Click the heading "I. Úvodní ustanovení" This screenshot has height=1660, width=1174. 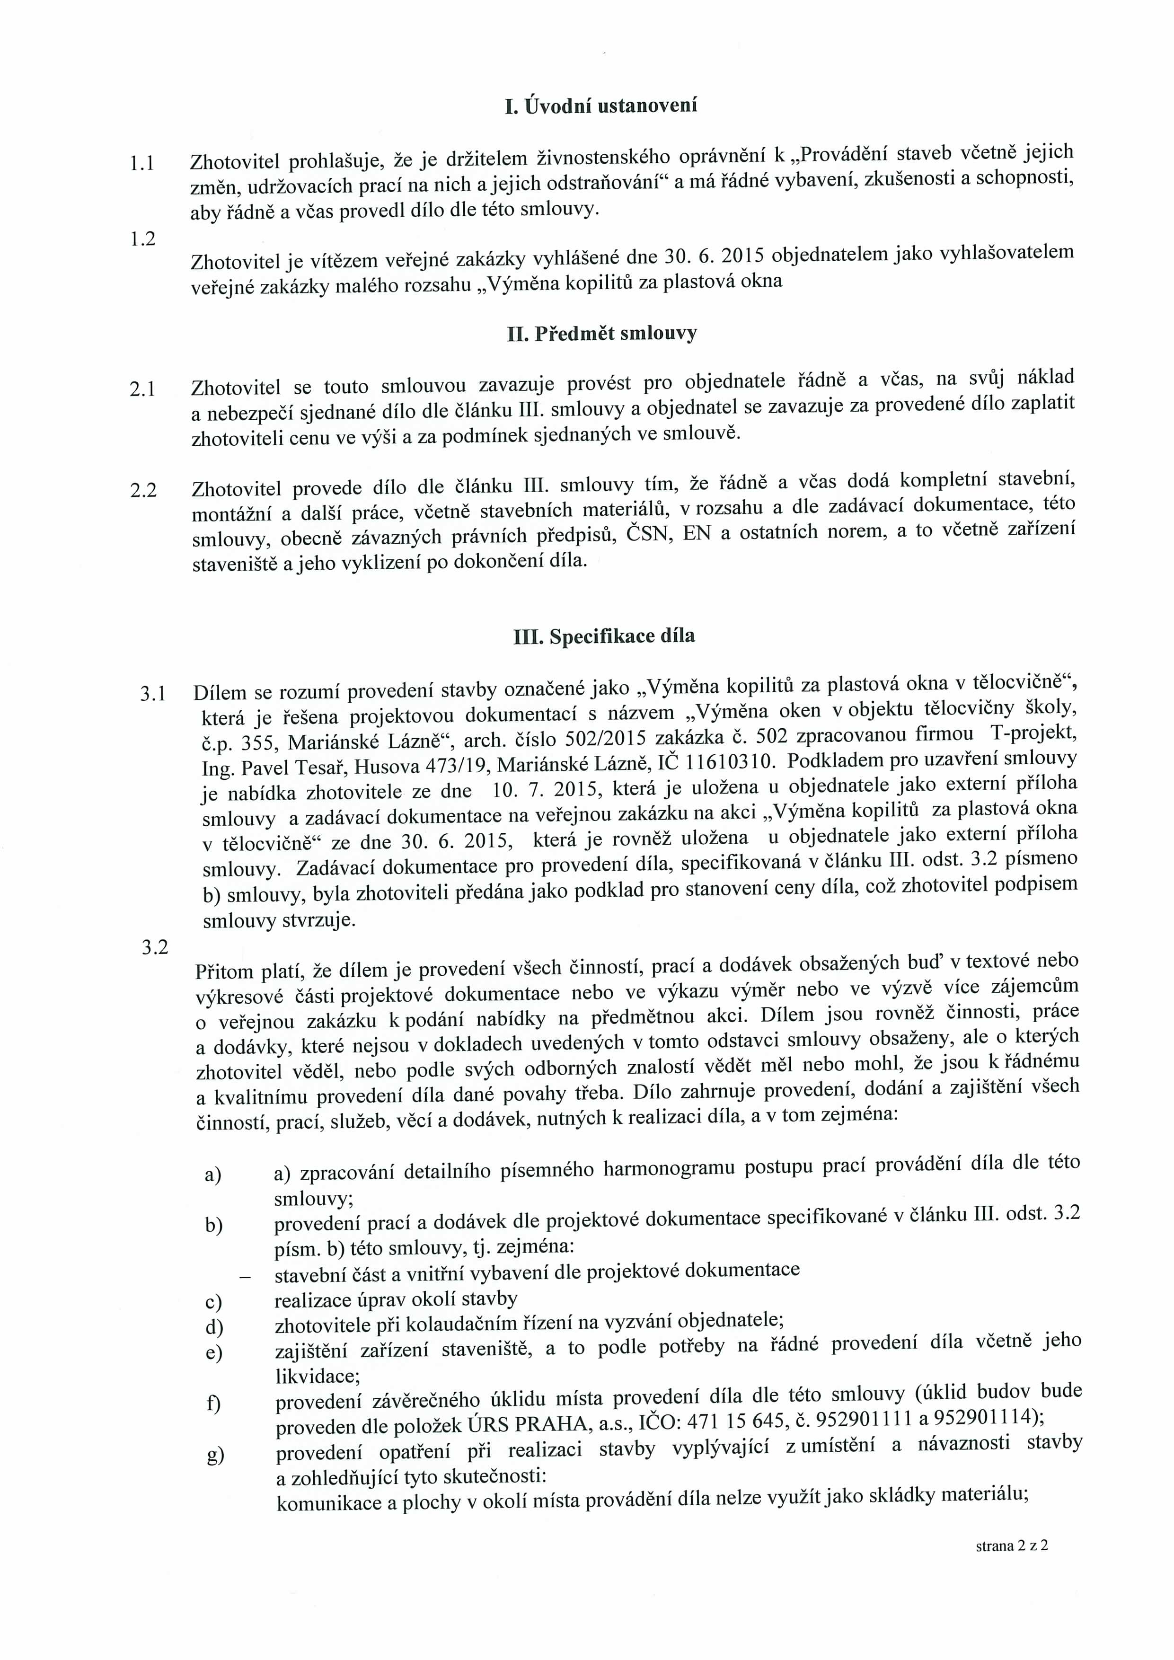tap(601, 106)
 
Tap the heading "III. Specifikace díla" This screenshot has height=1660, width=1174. tap(604, 636)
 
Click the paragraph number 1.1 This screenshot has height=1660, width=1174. tap(141, 163)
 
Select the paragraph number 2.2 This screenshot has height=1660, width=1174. tap(143, 490)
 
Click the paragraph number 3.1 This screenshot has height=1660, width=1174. tap(153, 694)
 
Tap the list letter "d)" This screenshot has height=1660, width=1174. tap(214, 1327)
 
